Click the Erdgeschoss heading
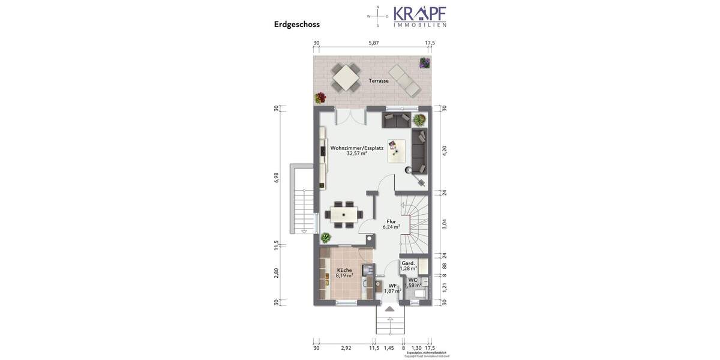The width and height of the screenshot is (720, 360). (296, 25)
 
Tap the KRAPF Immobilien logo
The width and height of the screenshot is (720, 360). (419, 16)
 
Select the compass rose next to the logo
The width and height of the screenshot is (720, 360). (377, 16)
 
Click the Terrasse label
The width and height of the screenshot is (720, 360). (379, 81)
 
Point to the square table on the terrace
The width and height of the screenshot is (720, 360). (346, 77)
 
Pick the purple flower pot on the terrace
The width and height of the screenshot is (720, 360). (425, 62)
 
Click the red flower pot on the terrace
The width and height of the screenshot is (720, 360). (320, 98)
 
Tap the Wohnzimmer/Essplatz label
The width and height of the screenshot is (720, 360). (356, 148)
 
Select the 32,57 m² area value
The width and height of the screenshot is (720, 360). (356, 154)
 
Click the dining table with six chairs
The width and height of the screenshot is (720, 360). (344, 214)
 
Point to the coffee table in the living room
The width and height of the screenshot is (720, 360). (396, 151)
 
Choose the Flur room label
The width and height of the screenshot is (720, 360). (391, 221)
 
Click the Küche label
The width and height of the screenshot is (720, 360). (344, 270)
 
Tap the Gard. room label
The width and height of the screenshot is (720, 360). (408, 263)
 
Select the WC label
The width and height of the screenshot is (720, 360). (413, 280)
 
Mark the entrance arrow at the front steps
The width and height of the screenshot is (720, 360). (390, 309)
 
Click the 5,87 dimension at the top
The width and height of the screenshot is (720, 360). (374, 43)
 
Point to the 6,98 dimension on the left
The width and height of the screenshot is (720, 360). (277, 178)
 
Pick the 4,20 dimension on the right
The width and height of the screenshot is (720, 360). (445, 151)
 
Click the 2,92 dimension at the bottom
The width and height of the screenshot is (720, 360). (346, 348)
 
